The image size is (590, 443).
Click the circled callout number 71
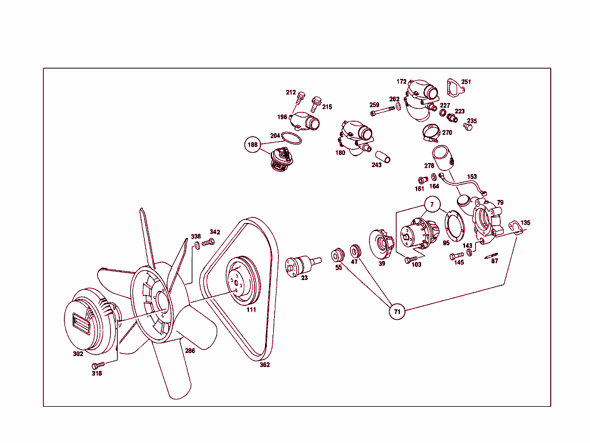coord(396,311)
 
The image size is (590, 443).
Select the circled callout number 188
coord(252,145)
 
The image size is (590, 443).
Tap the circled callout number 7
coord(432,205)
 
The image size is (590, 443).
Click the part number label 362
coord(264,364)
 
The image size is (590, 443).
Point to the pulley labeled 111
coord(243,279)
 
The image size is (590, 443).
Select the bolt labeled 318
coord(99,365)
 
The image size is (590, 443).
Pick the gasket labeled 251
coord(456,88)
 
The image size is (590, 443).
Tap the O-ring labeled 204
coord(292,140)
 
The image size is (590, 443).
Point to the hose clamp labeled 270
coord(429,133)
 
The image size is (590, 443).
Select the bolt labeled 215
coord(316,104)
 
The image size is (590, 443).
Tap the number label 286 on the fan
coord(190,350)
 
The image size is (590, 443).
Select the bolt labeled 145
coord(456,255)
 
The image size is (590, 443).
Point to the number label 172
coord(402,82)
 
